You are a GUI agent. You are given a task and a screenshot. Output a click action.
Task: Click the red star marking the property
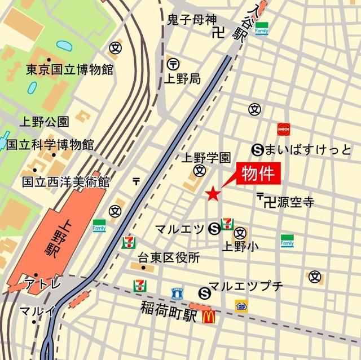(x=213, y=194)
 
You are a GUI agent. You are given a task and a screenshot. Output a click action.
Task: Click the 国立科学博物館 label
(x=50, y=144)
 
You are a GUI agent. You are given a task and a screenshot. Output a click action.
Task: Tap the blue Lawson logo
(x=177, y=293)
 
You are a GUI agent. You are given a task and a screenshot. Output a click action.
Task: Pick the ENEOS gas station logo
(x=283, y=129)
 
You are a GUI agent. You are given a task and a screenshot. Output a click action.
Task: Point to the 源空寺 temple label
(x=293, y=201)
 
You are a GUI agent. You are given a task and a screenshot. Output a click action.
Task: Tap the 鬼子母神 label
(x=192, y=20)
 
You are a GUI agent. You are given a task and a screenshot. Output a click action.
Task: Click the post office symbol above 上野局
(x=173, y=64)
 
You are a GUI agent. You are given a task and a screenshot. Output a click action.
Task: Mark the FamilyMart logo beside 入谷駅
(x=261, y=28)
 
